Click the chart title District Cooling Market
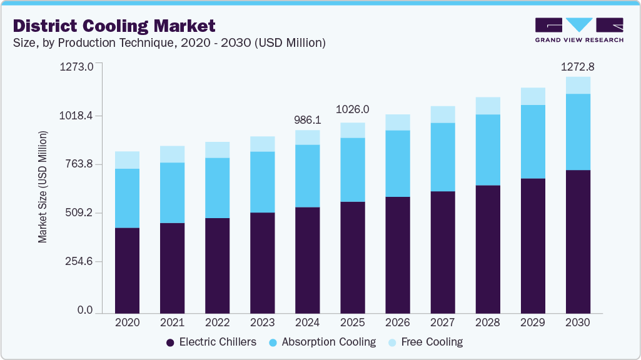(x=114, y=26)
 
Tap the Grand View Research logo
(x=579, y=30)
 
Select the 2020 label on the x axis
(x=128, y=322)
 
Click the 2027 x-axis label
(x=443, y=322)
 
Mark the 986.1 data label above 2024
(x=308, y=119)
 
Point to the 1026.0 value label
(x=353, y=109)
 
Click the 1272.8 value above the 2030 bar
(x=578, y=66)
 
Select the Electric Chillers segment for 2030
(x=578, y=241)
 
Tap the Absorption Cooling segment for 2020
(x=128, y=198)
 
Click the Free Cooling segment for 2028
(x=488, y=106)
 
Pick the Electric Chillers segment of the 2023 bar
(x=263, y=262)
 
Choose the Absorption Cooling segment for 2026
(x=398, y=164)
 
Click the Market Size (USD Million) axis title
(x=43, y=187)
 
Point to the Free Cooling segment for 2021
(x=173, y=154)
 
